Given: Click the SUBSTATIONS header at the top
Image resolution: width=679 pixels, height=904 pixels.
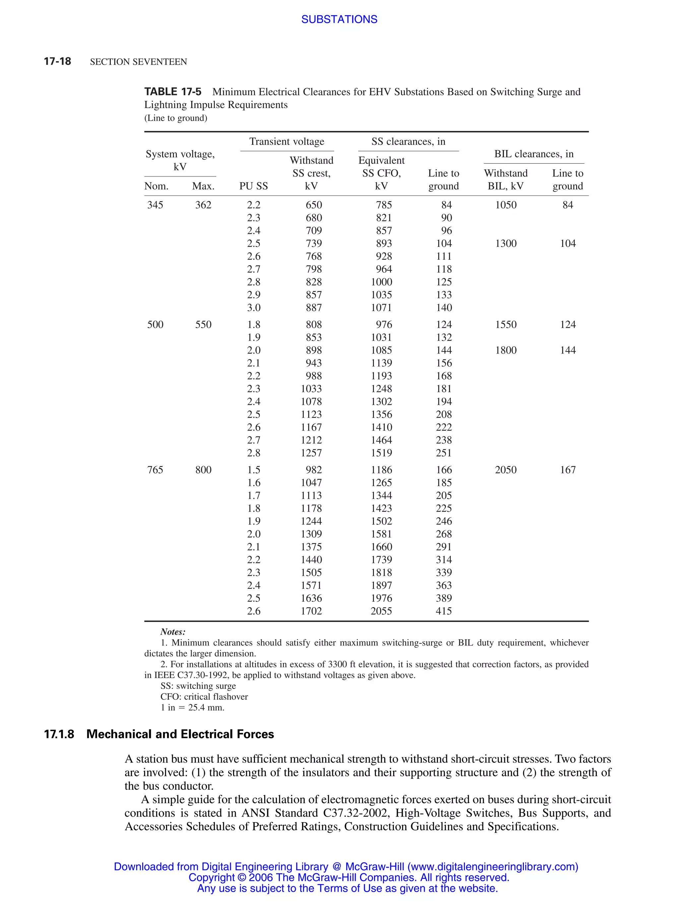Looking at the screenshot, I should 339,19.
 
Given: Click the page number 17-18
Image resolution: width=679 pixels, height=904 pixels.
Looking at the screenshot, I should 57,61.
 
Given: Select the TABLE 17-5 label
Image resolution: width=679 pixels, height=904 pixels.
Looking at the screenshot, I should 172,91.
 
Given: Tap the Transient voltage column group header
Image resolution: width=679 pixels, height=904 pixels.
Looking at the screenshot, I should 286,141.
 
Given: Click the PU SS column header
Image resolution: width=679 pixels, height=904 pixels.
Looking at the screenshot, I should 253,186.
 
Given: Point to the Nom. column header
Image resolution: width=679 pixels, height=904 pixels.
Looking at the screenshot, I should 156,186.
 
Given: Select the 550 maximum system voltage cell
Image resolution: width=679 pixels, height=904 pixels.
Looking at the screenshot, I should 203,324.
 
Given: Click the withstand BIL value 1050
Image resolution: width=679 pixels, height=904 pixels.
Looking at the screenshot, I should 506,205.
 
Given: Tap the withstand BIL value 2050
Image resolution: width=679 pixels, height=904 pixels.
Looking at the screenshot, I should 506,470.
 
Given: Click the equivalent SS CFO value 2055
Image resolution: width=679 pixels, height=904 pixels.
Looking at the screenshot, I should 381,611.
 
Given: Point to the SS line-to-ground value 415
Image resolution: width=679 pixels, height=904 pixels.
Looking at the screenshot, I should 444,611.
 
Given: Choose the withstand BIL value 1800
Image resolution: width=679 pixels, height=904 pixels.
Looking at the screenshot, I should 506,350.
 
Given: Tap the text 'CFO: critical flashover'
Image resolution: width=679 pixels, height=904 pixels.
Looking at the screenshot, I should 204,696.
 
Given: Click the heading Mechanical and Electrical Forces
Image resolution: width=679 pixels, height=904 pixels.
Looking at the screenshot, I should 180,734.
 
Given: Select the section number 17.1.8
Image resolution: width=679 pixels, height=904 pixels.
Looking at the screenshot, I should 59,734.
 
